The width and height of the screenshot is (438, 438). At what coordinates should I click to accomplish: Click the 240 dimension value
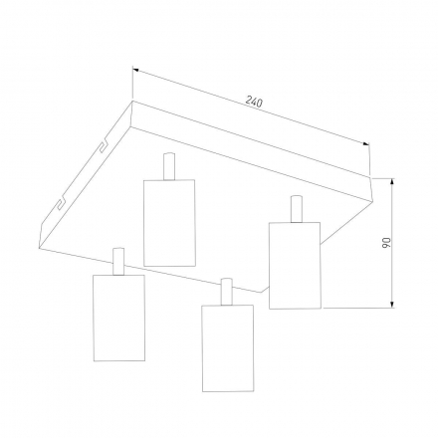[x=254, y=102]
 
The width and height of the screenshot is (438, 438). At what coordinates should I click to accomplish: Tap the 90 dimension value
[x=386, y=243]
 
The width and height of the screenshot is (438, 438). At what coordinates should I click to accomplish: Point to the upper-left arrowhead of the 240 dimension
[x=135, y=70]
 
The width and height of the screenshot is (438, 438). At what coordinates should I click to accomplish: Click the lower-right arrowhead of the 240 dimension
[x=366, y=143]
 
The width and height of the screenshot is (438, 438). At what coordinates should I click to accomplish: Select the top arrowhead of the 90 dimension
[x=392, y=181]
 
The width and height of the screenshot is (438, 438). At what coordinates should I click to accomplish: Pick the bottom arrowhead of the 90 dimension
[x=392, y=305]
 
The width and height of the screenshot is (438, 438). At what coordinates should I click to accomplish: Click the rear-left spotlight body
[x=169, y=223]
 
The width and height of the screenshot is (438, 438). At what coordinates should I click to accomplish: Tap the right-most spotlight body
[x=295, y=266]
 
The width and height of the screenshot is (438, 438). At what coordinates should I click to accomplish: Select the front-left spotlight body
[x=118, y=318]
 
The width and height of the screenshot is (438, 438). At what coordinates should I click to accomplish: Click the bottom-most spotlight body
[x=228, y=348]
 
